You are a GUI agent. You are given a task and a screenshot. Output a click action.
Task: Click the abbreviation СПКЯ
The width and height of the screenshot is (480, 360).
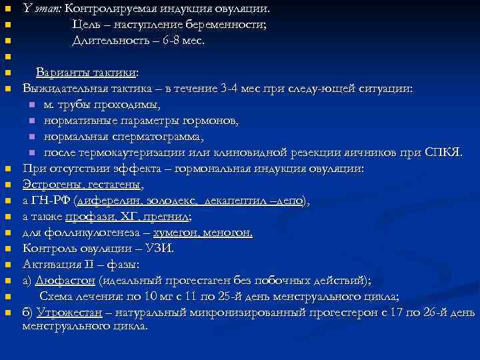(442, 152)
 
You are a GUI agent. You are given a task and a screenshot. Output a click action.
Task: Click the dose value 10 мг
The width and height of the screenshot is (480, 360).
(151, 296)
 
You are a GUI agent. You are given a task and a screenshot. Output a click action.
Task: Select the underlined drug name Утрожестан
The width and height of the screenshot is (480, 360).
(69, 312)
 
